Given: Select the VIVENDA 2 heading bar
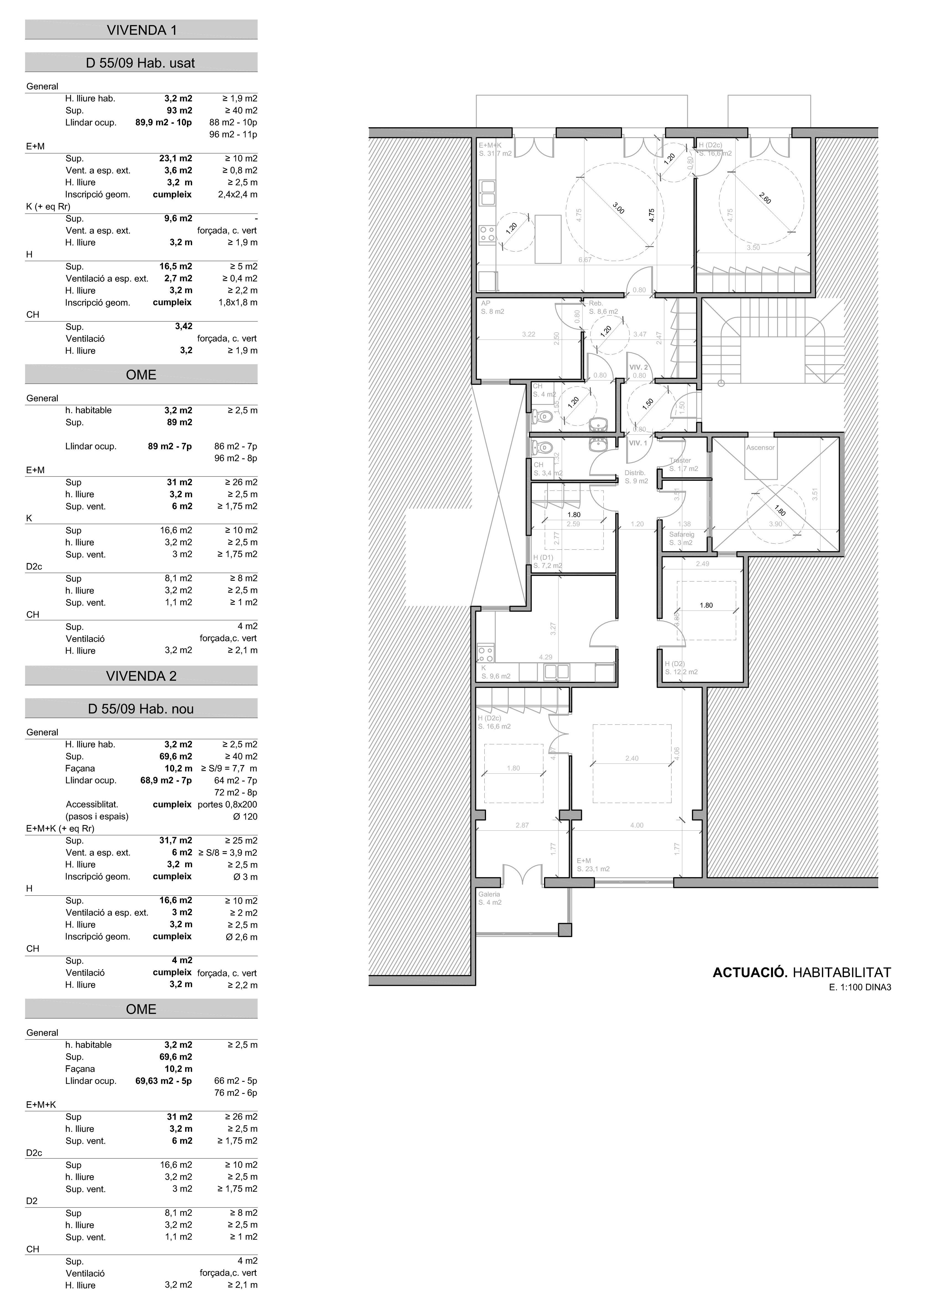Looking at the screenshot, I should coord(141,676).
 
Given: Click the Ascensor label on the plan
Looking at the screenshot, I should coord(760,447).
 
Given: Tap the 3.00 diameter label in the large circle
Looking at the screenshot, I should coord(618,208).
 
